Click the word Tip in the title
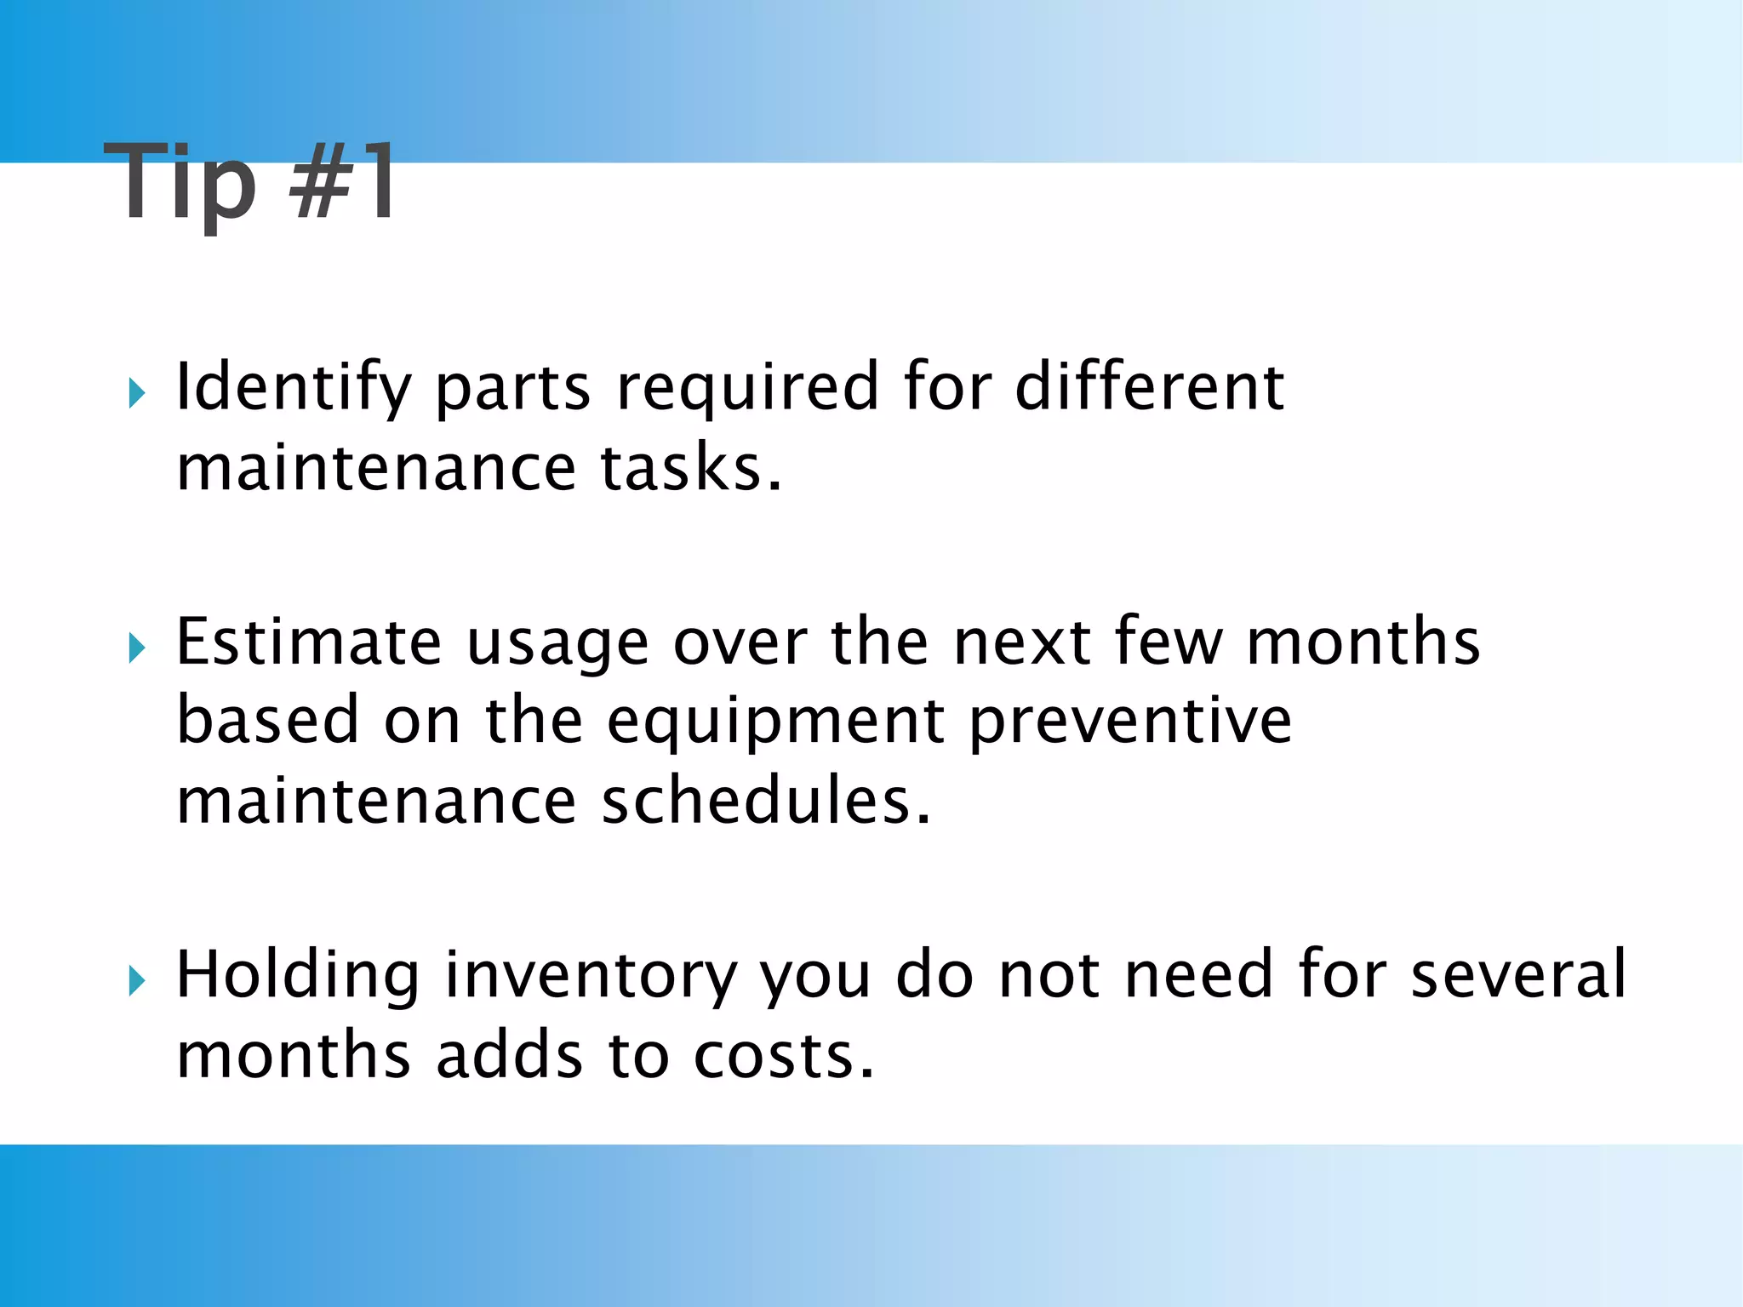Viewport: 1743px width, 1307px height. [x=180, y=182]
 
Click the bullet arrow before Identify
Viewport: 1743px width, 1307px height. [x=136, y=393]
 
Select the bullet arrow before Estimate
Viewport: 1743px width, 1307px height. [x=136, y=648]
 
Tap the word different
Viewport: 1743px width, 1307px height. [x=1149, y=387]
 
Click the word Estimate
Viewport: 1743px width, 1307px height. [x=309, y=642]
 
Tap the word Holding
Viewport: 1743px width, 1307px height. [x=298, y=976]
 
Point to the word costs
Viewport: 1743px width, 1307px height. [x=783, y=1056]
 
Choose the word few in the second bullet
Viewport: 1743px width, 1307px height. [x=1169, y=642]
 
